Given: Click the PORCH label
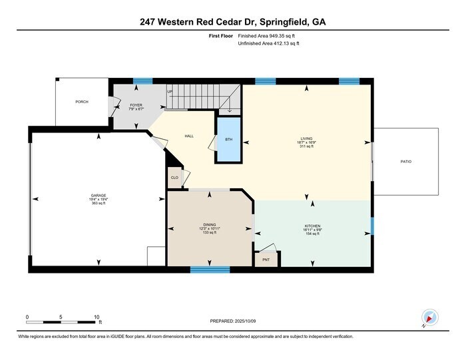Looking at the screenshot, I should (82, 102).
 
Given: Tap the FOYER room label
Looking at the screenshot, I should (136, 104).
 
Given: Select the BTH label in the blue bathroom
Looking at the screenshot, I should (229, 139).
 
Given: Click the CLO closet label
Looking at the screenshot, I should (174, 178).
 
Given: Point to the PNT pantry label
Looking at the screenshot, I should (266, 259).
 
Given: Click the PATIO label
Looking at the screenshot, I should (405, 161).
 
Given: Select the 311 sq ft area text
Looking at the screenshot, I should (307, 146).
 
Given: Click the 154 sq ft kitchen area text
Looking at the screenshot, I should (312, 234).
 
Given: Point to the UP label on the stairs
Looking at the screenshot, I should (170, 92).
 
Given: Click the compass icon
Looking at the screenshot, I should (429, 318).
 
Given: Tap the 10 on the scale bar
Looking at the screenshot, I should (97, 317).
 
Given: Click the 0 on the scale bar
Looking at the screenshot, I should (27, 317).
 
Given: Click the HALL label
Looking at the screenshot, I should (189, 136).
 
